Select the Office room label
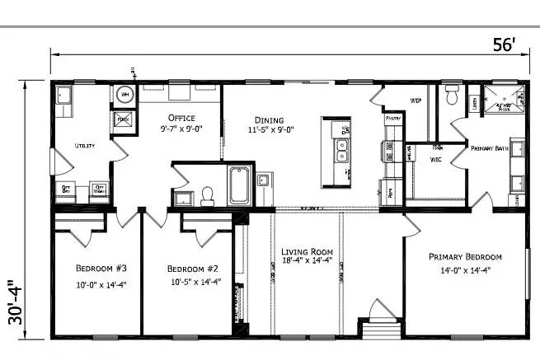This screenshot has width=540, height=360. click(x=181, y=117)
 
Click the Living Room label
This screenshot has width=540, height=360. click(x=306, y=251)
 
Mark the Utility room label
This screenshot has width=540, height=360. click(x=85, y=145)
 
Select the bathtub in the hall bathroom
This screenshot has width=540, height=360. click(x=240, y=185)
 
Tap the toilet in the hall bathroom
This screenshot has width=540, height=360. click(x=208, y=194)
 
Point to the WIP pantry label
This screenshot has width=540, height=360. click(x=416, y=101)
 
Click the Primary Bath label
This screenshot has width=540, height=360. click(x=487, y=148)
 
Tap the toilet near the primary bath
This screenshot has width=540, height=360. click(x=450, y=96)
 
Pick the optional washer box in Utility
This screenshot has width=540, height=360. click(x=100, y=190)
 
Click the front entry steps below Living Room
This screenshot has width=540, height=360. click(x=380, y=327)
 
